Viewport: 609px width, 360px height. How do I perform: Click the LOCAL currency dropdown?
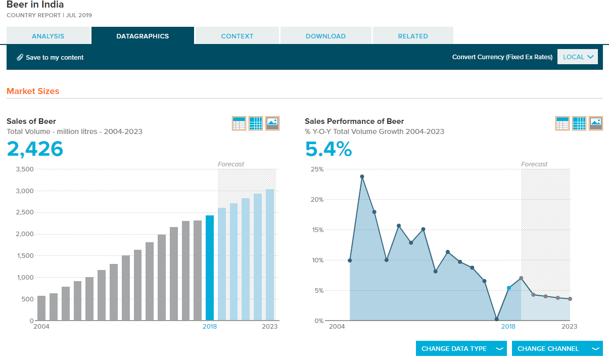tap(578, 57)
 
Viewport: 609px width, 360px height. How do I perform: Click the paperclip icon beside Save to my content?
tap(20, 57)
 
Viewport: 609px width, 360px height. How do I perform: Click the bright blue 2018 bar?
tap(210, 268)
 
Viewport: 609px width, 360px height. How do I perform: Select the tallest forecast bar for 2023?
tap(270, 255)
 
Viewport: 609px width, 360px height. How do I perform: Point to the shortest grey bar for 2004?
tap(41, 308)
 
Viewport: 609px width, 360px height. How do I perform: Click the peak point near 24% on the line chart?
tap(362, 176)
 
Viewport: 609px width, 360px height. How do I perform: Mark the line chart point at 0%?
tap(496, 319)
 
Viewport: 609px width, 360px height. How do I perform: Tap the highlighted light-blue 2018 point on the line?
tap(509, 288)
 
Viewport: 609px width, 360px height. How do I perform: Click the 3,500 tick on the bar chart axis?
tap(24, 169)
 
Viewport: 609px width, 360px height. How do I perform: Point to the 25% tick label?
tap(317, 169)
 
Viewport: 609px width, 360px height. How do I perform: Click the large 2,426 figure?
tap(35, 149)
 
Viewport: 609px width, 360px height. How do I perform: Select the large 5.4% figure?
tap(329, 149)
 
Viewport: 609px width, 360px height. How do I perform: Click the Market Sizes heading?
tap(33, 91)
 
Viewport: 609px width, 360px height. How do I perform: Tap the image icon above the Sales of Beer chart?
tap(272, 123)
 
